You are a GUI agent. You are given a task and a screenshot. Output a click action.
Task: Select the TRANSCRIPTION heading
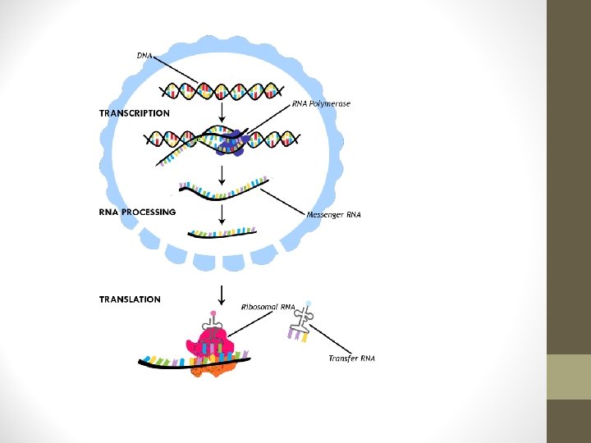click(x=135, y=113)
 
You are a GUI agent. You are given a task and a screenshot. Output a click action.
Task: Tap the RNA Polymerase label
click(x=321, y=104)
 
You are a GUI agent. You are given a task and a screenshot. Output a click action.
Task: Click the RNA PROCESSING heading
click(x=137, y=212)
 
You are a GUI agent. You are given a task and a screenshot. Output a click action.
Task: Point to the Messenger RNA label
click(x=333, y=215)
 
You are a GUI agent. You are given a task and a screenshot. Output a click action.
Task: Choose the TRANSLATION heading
click(x=130, y=299)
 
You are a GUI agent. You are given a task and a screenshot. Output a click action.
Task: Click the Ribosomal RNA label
click(x=268, y=307)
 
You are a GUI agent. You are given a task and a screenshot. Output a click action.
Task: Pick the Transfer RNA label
click(x=351, y=359)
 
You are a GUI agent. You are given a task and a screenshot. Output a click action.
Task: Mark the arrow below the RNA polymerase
click(x=221, y=174)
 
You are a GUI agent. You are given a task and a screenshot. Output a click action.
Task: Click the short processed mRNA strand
click(x=222, y=233)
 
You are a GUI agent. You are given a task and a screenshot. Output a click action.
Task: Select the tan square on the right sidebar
click(x=568, y=377)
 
